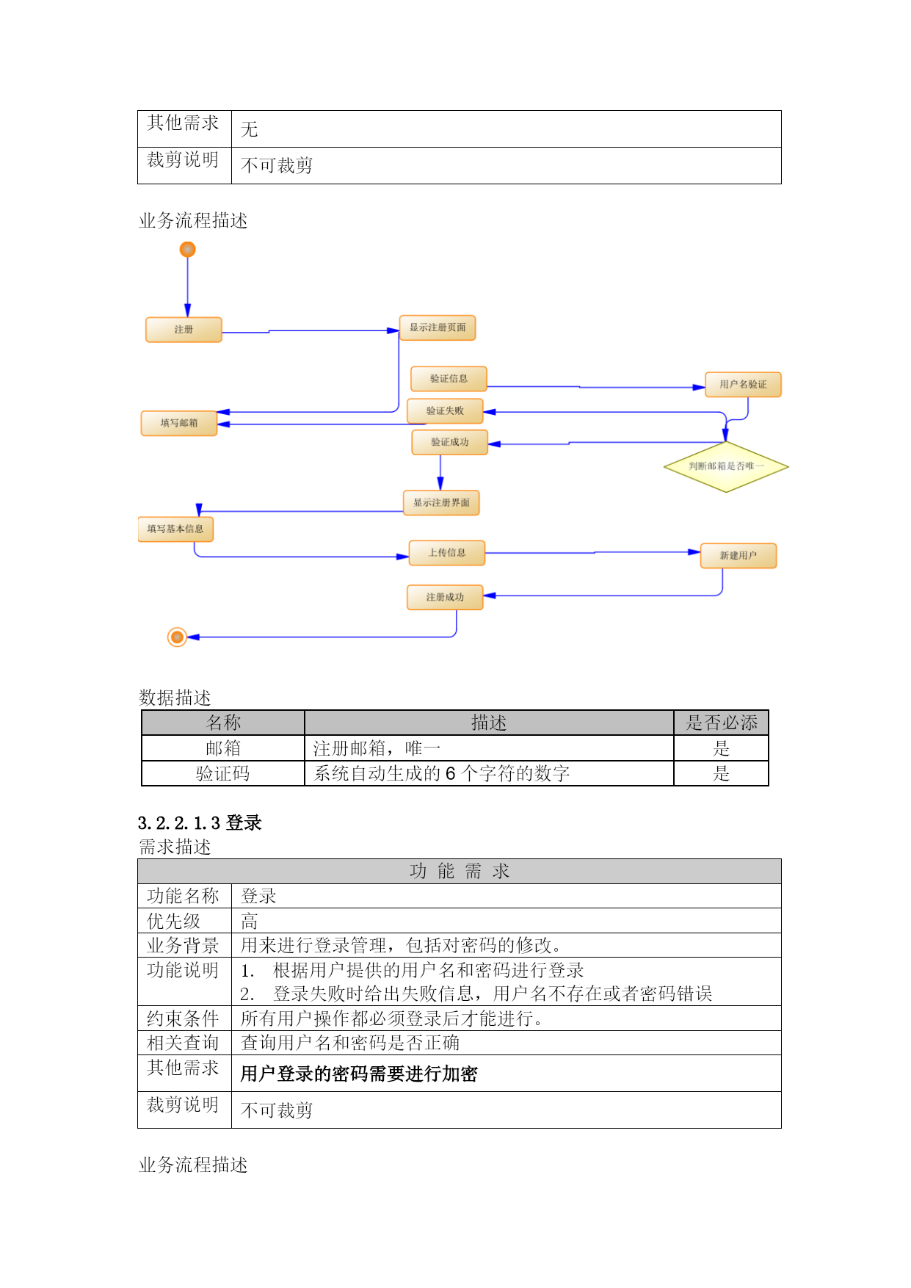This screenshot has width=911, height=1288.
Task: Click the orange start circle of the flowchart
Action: pos(188,250)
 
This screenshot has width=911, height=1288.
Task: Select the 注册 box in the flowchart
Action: pos(184,330)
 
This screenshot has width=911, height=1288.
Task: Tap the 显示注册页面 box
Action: pos(438,328)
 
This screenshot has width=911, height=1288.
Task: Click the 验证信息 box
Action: pos(449,379)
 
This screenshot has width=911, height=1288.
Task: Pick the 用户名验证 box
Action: pos(743,384)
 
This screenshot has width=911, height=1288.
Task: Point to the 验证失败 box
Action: pos(445,411)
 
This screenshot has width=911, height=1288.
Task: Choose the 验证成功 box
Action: pos(450,442)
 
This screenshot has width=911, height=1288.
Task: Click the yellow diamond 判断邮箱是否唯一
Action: pos(726,466)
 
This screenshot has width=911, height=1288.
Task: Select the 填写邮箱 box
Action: pos(179,423)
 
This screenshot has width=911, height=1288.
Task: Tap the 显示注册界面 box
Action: pos(441,503)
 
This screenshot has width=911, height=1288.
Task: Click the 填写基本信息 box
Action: pos(175,529)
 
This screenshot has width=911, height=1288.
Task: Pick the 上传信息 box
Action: pos(447,553)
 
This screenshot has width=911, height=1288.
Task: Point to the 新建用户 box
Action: pos(738,556)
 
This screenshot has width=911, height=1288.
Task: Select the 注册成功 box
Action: pos(445,597)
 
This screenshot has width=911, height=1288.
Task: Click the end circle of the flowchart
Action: pos(177,637)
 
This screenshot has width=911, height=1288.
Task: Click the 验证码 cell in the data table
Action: pos(223,773)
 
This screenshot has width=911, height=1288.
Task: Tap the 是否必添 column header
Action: pos(722,723)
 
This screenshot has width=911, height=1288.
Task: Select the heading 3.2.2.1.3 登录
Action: pos(200,822)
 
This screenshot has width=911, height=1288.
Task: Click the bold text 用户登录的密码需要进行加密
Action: pos(359,1074)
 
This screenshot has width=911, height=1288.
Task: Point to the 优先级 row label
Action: pos(174,921)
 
